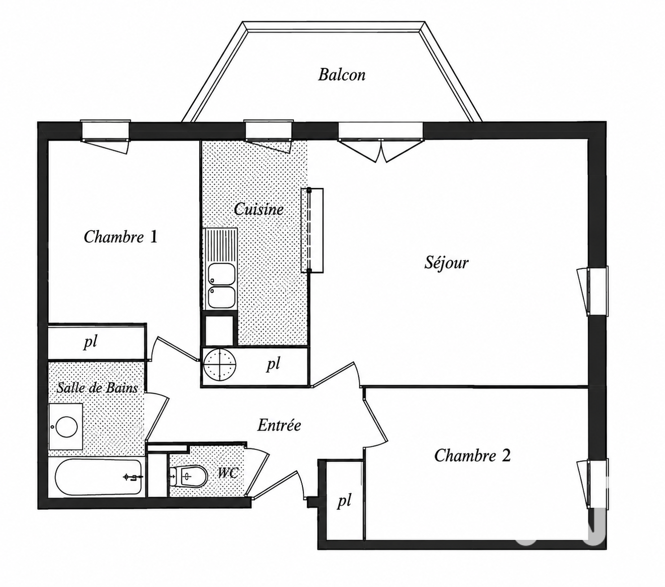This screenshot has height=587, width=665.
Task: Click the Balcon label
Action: [341, 75]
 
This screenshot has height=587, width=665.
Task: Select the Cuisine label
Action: [259, 209]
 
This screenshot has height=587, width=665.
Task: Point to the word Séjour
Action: [446, 263]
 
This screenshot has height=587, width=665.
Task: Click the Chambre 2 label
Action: [472, 455]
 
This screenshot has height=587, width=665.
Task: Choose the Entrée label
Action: [279, 425]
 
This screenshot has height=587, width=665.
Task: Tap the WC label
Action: [228, 473]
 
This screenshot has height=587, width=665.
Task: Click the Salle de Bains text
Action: [97, 388]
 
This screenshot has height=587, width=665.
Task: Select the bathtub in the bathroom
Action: [97, 476]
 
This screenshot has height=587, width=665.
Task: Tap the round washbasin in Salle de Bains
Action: [67, 427]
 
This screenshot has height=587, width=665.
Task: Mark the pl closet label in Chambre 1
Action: [90, 342]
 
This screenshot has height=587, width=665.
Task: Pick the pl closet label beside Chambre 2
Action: [344, 501]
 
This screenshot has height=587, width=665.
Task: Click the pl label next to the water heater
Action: [273, 364]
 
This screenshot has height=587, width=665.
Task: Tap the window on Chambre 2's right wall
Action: [593, 483]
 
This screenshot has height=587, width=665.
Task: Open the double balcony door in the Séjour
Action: [381, 142]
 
